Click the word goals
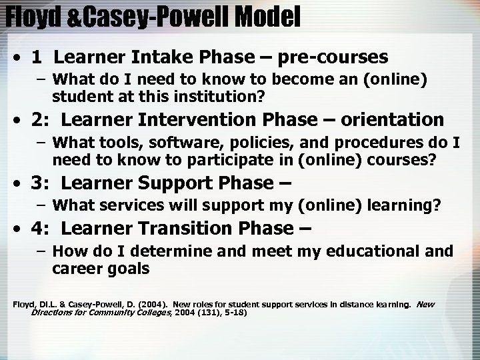129,269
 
